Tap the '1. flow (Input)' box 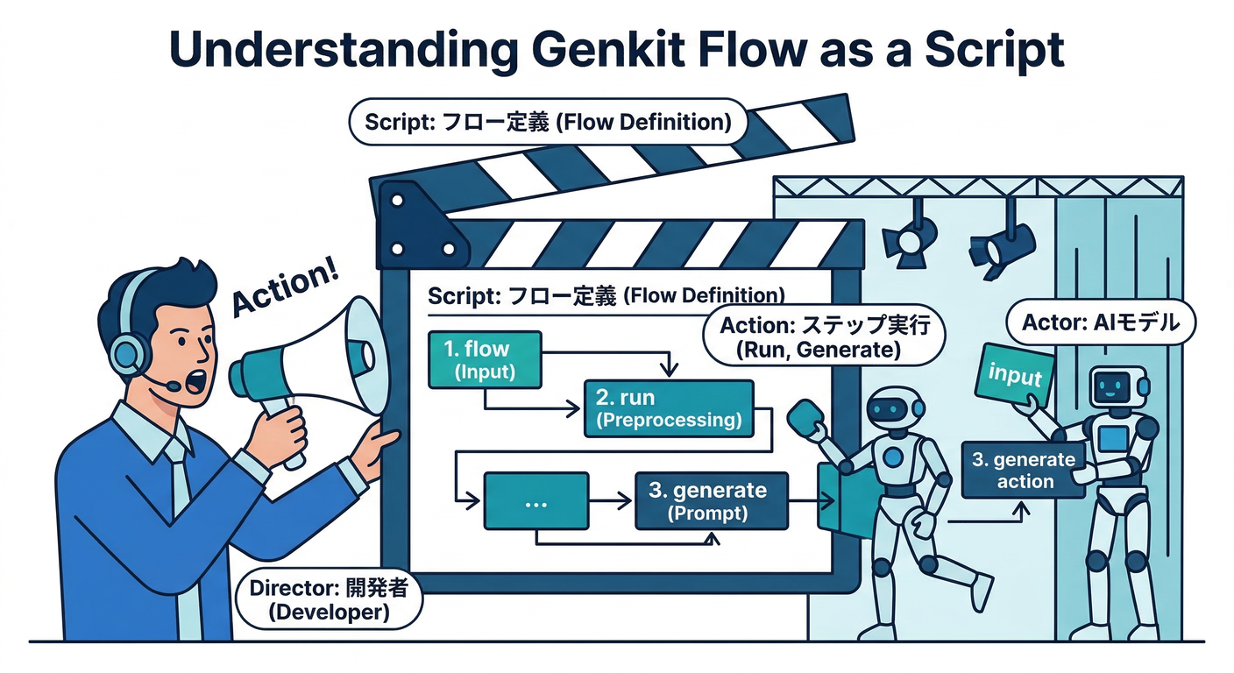tap(484, 359)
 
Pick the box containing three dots tap(535, 501)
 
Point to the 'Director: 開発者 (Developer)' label tap(329, 599)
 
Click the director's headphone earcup tap(131, 354)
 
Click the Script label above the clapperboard tap(548, 123)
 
